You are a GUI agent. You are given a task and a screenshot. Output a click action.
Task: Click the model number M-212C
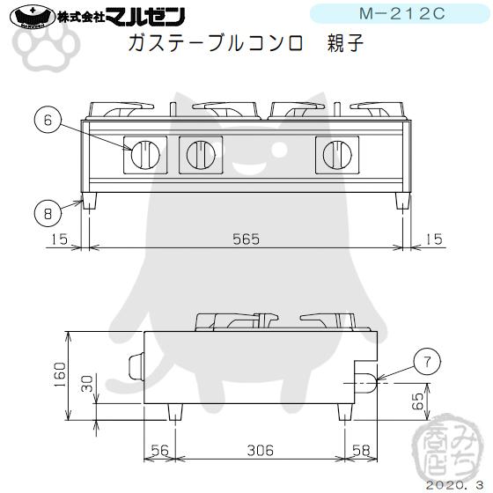[396, 14]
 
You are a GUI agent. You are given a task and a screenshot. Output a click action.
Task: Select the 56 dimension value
[159, 451]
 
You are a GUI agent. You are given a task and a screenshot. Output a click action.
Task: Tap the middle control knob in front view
[201, 156]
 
